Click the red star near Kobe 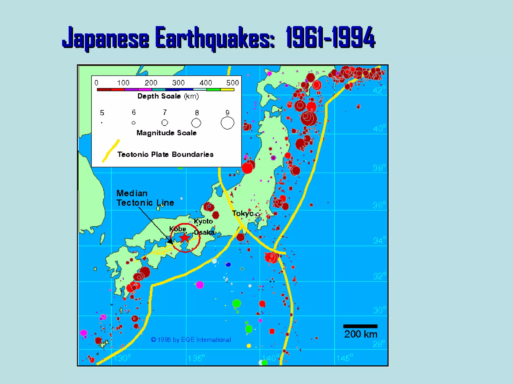click(x=185, y=238)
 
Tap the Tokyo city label click(x=243, y=213)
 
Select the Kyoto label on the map click(x=203, y=221)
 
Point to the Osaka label click(x=204, y=232)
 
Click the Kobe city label click(x=178, y=229)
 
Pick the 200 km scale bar click(x=360, y=326)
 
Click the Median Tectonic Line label click(x=145, y=198)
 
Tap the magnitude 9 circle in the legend click(x=227, y=123)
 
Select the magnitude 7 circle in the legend click(x=165, y=123)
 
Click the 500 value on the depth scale click(x=232, y=83)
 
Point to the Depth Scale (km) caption click(x=168, y=96)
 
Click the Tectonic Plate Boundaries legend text click(x=165, y=154)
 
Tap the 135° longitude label click(x=196, y=358)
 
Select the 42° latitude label click(x=379, y=90)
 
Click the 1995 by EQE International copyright click(x=191, y=340)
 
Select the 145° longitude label click(x=344, y=358)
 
